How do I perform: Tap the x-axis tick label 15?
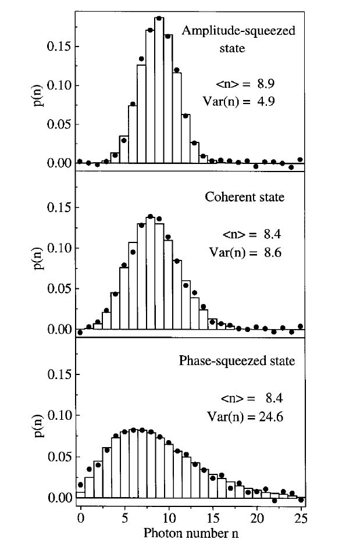[213, 517]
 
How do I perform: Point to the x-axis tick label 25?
[301, 517]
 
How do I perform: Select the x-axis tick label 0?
[80, 517]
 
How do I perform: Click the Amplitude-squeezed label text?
[238, 31]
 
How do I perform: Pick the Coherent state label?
[245, 197]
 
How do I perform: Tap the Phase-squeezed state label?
[237, 360]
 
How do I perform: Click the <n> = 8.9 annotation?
[248, 84]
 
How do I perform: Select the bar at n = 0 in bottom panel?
[80, 495]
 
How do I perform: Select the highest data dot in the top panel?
[159, 18]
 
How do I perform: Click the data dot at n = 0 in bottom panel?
[80, 484]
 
